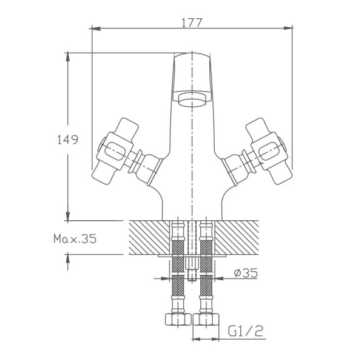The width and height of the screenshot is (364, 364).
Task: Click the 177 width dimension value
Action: click(192, 21)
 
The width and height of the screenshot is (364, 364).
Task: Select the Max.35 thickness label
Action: click(75, 239)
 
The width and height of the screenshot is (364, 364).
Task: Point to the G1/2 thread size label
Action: click(246, 332)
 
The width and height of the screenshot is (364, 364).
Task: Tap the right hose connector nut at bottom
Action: click(207, 320)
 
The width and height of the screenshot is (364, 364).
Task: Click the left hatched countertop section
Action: click(149, 237)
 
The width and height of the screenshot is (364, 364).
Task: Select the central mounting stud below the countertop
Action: click(192, 267)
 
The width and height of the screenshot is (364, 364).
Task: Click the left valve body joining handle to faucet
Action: click(149, 166)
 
